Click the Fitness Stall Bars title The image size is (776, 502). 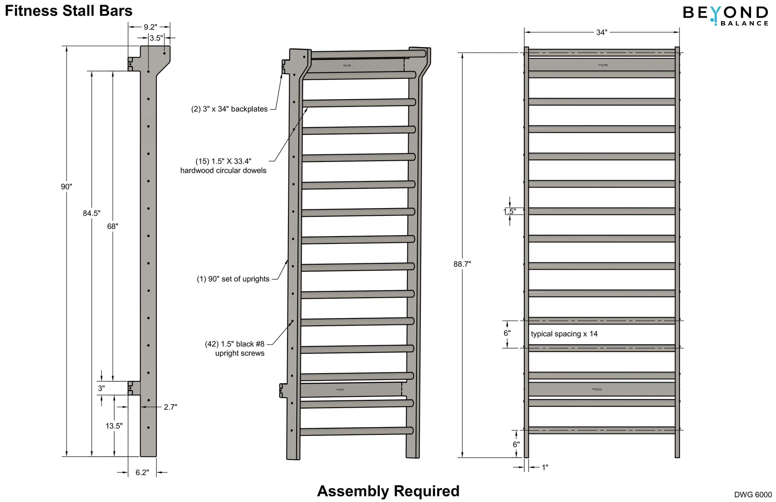[69, 11]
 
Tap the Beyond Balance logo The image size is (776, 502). [725, 15]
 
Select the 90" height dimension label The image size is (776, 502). [66, 187]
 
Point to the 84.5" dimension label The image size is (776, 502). [91, 213]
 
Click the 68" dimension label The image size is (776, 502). [113, 226]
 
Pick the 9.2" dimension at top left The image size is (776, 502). [150, 27]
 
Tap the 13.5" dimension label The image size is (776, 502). [114, 426]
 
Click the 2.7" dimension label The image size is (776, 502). [170, 407]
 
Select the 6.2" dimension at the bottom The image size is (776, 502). [142, 472]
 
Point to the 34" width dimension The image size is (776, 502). [601, 32]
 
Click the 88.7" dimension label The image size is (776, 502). [462, 264]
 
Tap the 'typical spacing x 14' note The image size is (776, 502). [564, 334]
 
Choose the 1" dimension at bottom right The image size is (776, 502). [544, 467]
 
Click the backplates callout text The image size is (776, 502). [229, 109]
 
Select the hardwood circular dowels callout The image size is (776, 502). [223, 166]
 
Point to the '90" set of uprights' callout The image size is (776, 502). [233, 279]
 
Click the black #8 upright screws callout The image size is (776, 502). [235, 348]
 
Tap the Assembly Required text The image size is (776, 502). [388, 491]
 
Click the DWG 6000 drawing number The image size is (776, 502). [753, 495]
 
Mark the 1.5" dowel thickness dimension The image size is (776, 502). [510, 211]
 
